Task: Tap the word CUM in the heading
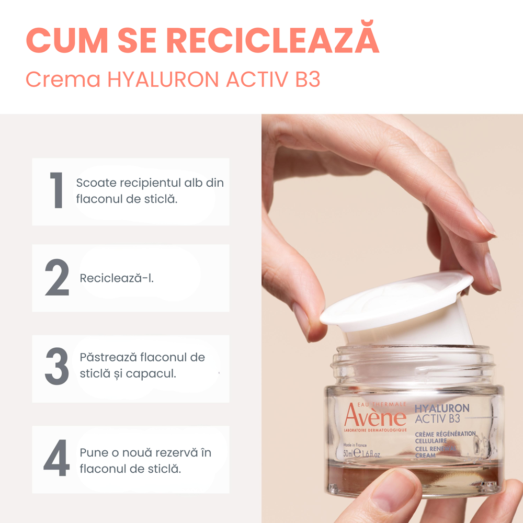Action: pyautogui.click(x=67, y=40)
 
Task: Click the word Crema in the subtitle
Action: pyautogui.click(x=63, y=79)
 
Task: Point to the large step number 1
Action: pyautogui.click(x=56, y=190)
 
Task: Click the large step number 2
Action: pyautogui.click(x=57, y=278)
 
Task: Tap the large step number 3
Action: pyautogui.click(x=57, y=366)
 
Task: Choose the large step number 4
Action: pyautogui.click(x=56, y=458)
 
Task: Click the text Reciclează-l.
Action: pyautogui.click(x=117, y=278)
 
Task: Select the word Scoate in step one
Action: pyautogui.click(x=96, y=183)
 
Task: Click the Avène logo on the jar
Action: pyautogui.click(x=375, y=417)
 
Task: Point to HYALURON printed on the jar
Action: pyautogui.click(x=441, y=408)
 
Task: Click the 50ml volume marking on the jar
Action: pyautogui.click(x=348, y=453)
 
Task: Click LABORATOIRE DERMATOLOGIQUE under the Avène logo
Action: pyautogui.click(x=375, y=430)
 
